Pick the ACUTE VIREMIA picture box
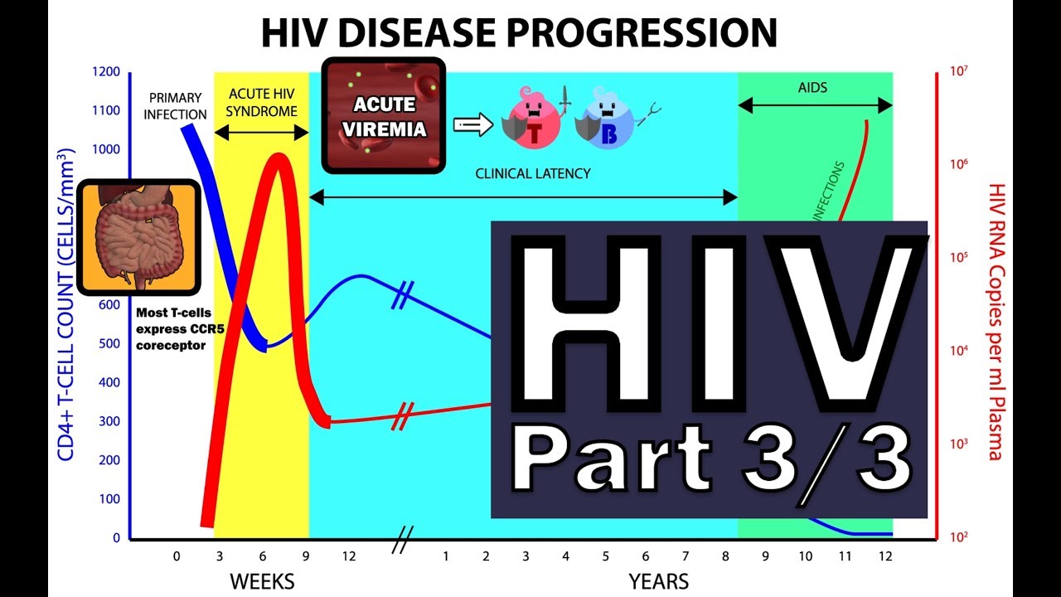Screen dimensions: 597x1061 coord(383,115)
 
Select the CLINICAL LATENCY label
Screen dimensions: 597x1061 coord(532,174)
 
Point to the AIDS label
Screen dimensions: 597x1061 coord(813,87)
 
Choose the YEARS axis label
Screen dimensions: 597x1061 coord(659,581)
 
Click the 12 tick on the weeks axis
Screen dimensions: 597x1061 coord(349,556)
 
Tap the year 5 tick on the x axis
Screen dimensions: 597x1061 coord(606,556)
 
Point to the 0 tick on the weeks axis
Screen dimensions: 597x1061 coord(177,556)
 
